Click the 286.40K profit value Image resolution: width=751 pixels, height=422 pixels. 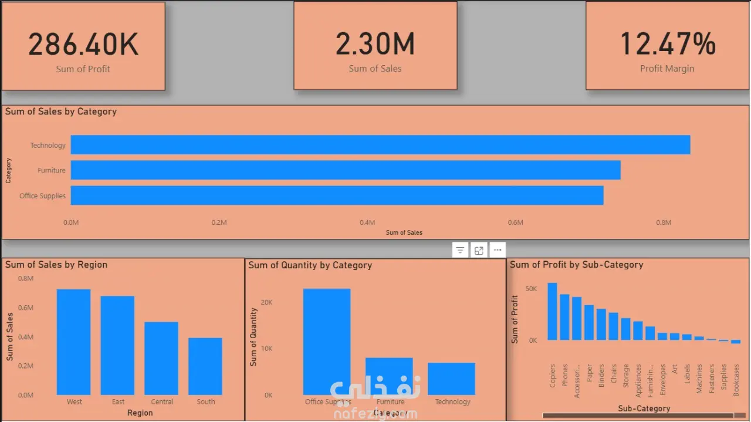[83, 45]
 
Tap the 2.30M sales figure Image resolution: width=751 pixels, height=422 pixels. [375, 45]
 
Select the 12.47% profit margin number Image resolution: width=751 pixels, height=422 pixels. [667, 45]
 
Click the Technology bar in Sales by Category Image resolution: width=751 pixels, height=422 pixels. [380, 145]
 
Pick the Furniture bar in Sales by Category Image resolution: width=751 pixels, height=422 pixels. [346, 170]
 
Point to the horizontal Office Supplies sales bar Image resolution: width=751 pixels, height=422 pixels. [337, 195]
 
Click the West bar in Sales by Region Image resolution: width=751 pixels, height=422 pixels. [74, 342]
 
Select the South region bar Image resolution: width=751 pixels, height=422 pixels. [205, 366]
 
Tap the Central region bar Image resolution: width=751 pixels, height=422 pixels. [161, 358]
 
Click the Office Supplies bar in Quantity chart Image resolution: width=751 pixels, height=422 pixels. [327, 342]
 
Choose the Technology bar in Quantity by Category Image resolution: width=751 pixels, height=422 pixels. [451, 379]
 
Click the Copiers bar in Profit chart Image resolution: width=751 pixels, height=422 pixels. [553, 311]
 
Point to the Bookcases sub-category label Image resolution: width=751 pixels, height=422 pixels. [736, 380]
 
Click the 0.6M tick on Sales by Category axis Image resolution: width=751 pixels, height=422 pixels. [515, 223]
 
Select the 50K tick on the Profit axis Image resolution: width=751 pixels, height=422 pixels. [531, 289]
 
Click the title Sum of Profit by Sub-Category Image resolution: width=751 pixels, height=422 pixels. [576, 265]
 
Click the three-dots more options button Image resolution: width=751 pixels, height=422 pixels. [498, 250]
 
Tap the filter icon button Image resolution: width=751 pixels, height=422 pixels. [461, 250]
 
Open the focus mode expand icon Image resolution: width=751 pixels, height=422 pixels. [479, 250]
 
